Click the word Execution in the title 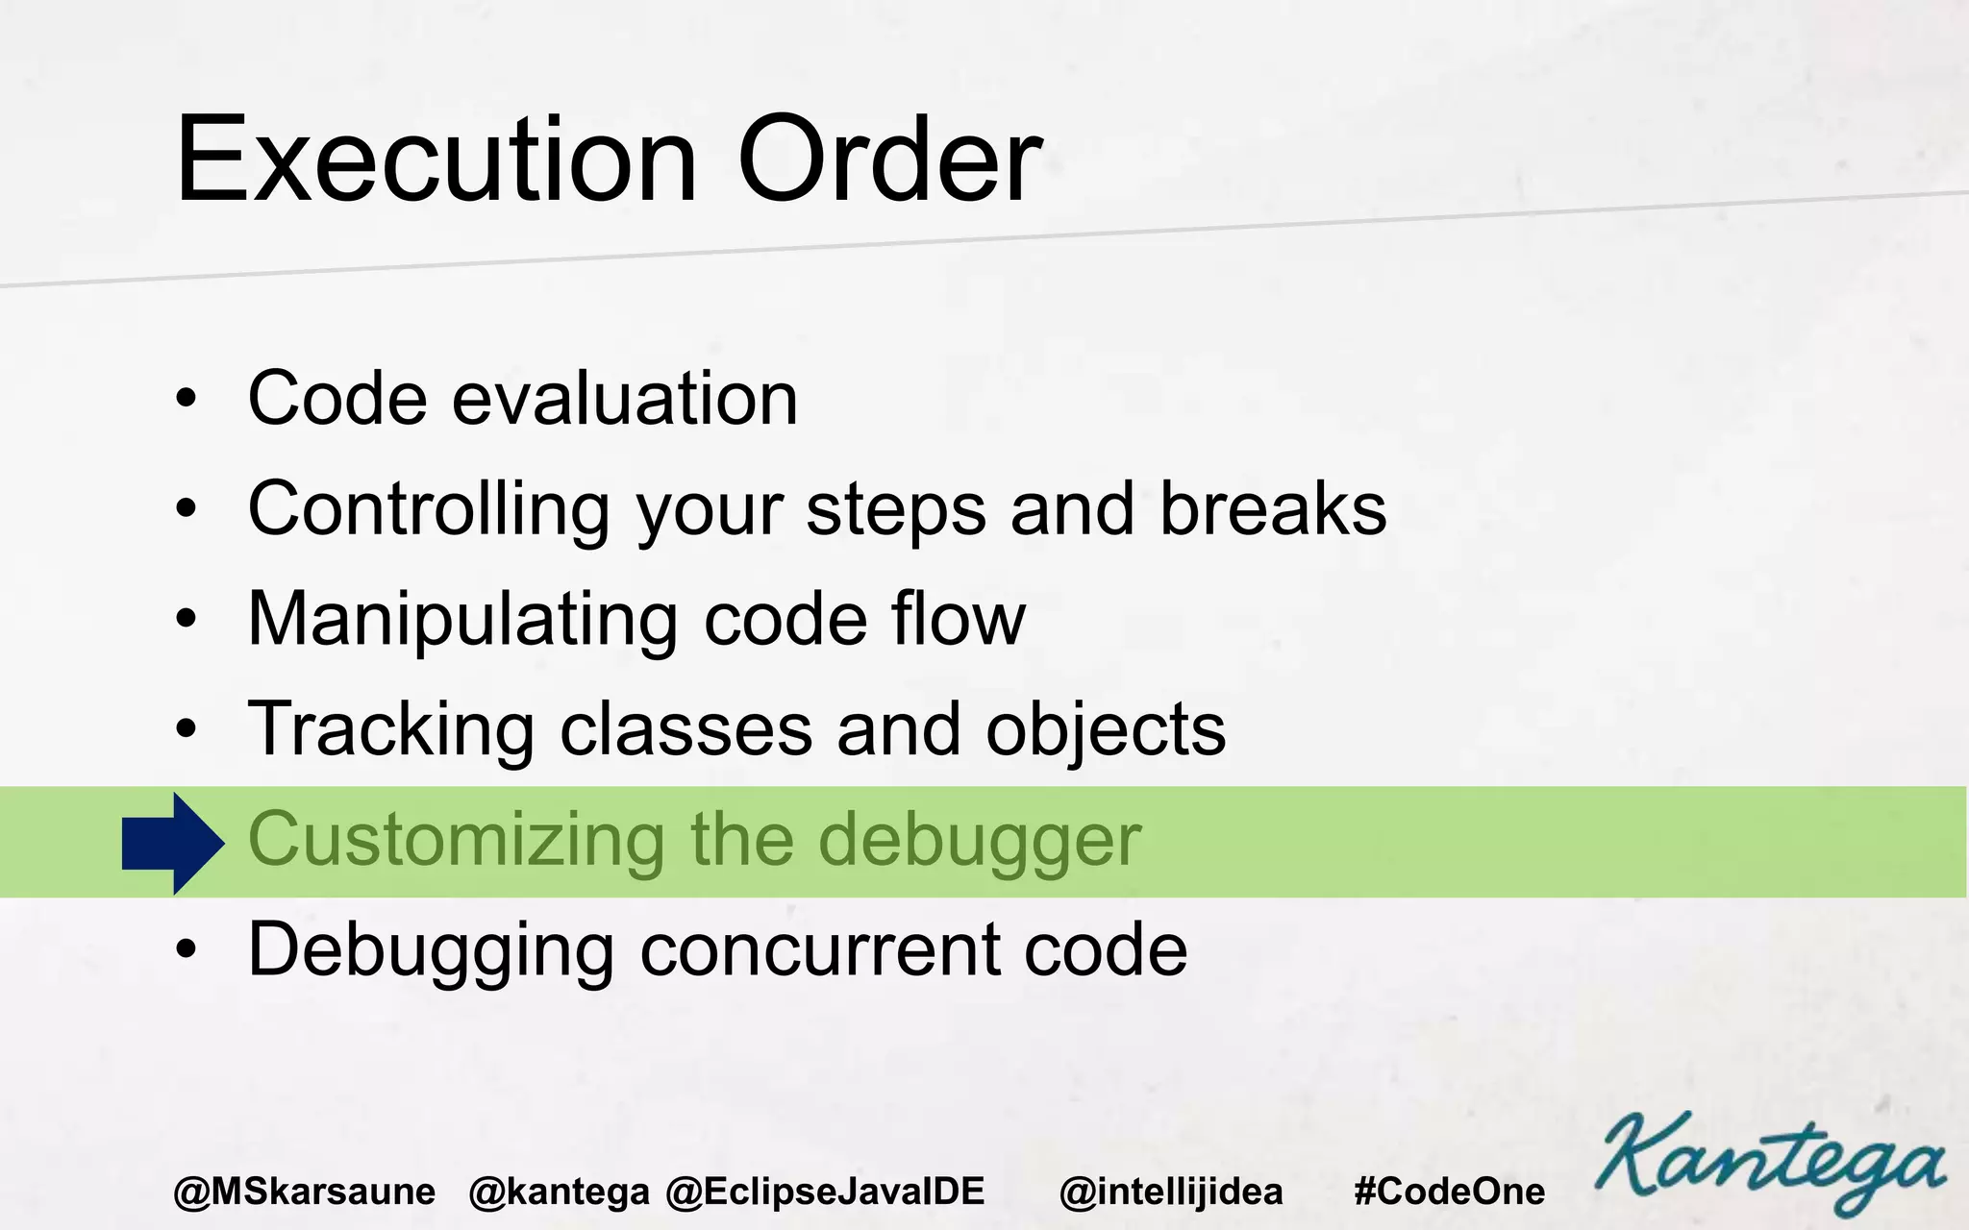click(x=435, y=160)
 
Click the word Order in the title click(x=889, y=160)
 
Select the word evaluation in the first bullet click(x=625, y=398)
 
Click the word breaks click(x=1273, y=508)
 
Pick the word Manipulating click(x=462, y=620)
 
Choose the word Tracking click(x=390, y=729)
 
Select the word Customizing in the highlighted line click(x=456, y=840)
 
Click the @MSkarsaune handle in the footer click(x=304, y=1192)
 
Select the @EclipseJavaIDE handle click(x=825, y=1192)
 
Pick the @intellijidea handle click(x=1171, y=1192)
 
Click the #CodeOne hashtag click(x=1449, y=1192)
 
